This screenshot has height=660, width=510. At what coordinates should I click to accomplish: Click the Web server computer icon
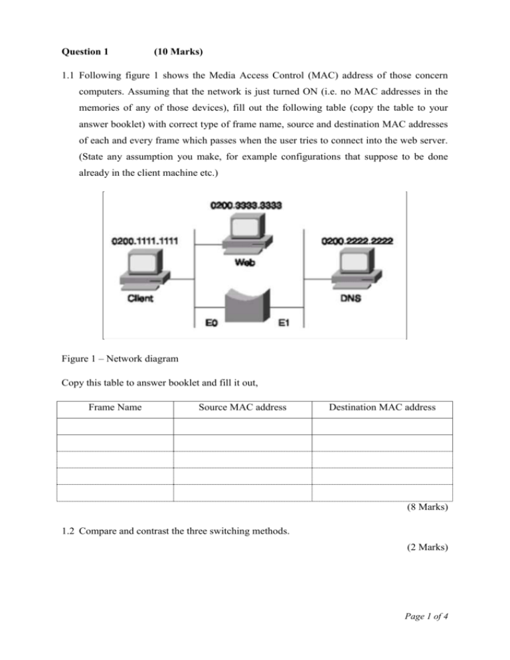(246, 236)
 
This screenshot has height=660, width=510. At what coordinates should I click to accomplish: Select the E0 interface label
(211, 325)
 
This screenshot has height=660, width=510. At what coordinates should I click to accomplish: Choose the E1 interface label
(284, 325)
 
